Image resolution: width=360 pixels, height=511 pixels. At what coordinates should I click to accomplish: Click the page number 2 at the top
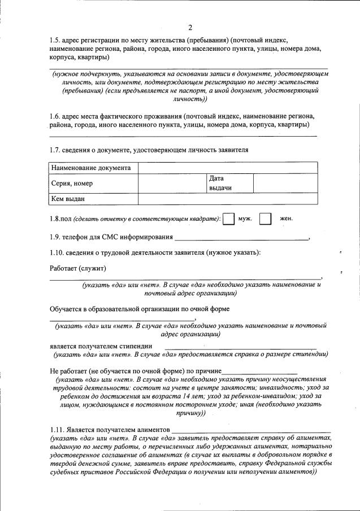point(190,27)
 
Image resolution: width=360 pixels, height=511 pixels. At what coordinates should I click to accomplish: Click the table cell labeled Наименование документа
point(92,168)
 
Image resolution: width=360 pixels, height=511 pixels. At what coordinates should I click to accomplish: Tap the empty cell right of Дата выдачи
point(285,183)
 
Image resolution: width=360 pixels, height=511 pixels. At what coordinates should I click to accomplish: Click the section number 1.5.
point(55,40)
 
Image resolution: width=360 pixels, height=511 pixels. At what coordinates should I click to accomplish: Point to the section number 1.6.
point(55,116)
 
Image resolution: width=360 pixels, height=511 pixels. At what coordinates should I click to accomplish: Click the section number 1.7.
point(55,150)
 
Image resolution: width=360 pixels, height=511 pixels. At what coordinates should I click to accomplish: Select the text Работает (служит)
point(78,268)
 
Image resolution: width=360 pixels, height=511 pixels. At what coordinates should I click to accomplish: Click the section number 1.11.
point(57,429)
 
